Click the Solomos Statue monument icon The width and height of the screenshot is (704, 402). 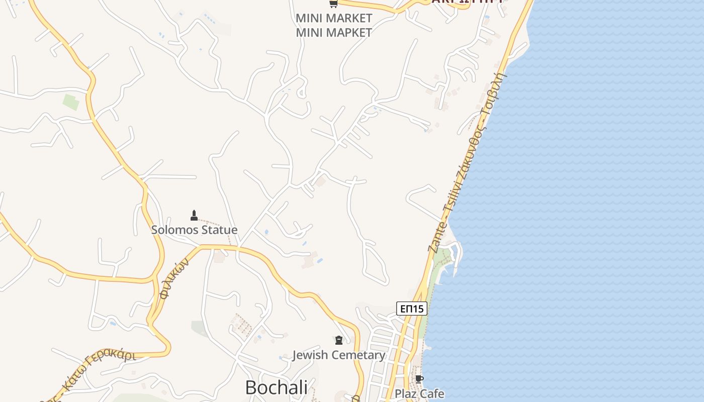point(194,216)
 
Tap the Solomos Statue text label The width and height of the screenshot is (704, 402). point(194,230)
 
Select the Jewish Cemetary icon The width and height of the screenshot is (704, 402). point(339,341)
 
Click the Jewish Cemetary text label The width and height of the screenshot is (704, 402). point(338,355)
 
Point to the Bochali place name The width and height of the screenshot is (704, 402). point(276,387)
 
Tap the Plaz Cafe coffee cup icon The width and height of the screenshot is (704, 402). point(419,379)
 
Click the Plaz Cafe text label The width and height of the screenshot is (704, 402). point(419,393)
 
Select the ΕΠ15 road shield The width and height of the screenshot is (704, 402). point(411,309)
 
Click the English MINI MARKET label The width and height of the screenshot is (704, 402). point(334,18)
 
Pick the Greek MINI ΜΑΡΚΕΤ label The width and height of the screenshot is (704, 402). point(334,33)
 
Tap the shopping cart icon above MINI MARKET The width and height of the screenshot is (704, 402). point(333,4)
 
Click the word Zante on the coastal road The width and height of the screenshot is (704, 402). point(435,236)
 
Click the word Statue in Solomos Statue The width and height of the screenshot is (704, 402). point(218,230)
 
